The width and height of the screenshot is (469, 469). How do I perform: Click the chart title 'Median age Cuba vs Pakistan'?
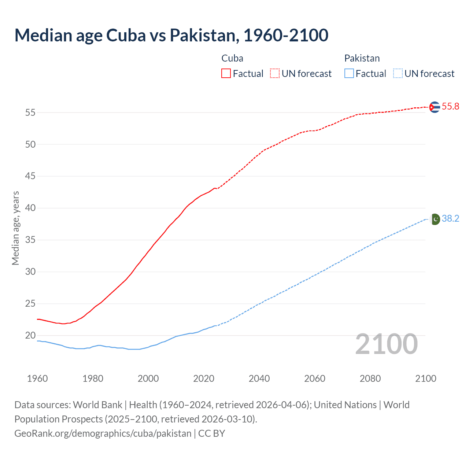point(171,35)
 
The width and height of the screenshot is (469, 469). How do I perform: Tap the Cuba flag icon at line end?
point(434,107)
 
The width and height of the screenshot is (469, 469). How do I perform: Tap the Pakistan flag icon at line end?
point(435,219)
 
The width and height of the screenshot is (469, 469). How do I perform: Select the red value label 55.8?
point(450,107)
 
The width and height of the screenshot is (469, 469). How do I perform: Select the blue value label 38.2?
point(450,219)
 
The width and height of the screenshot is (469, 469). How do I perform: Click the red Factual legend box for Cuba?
point(226,74)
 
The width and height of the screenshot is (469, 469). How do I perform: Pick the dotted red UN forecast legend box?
point(275,74)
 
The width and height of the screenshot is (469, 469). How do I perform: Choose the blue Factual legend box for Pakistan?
point(349,74)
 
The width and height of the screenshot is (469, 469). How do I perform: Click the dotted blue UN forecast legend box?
point(398,74)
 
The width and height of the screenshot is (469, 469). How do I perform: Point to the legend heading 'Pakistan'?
point(362,58)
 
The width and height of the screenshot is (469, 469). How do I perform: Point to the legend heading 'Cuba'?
point(232,58)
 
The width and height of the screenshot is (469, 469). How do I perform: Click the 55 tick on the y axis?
point(30,113)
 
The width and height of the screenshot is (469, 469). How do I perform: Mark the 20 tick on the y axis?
point(30,336)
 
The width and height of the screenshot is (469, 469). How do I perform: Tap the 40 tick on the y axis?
point(30,208)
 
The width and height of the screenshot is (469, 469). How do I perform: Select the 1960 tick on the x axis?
point(37,378)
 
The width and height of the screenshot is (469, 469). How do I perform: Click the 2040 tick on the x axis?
point(259,378)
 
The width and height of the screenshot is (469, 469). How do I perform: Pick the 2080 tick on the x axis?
point(370,378)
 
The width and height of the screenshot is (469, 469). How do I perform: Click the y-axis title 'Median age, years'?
point(15,228)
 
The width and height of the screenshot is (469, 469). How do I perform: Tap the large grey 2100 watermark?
point(387,344)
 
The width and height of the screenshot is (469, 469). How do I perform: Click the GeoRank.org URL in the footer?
point(103,433)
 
